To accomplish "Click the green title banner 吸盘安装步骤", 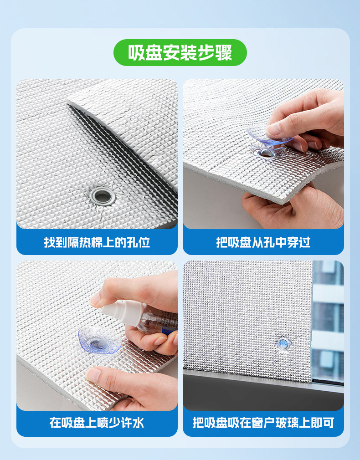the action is pyautogui.click(x=180, y=52).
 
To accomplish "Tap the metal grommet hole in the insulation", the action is pyautogui.click(x=102, y=196).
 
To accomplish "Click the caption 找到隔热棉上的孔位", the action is pyautogui.click(x=97, y=242).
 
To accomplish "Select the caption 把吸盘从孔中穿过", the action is pyautogui.click(x=263, y=242).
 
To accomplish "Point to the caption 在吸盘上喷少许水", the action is pyautogui.click(x=97, y=423).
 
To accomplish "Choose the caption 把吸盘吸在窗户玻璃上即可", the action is pyautogui.click(x=263, y=423).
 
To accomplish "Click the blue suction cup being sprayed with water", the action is pyautogui.click(x=100, y=340).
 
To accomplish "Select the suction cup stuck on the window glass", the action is pyautogui.click(x=283, y=343).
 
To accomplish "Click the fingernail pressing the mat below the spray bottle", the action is pyautogui.click(x=93, y=375).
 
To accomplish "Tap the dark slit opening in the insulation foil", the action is pyautogui.click(x=123, y=153).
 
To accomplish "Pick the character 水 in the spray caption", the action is pyautogui.click(x=138, y=423).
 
